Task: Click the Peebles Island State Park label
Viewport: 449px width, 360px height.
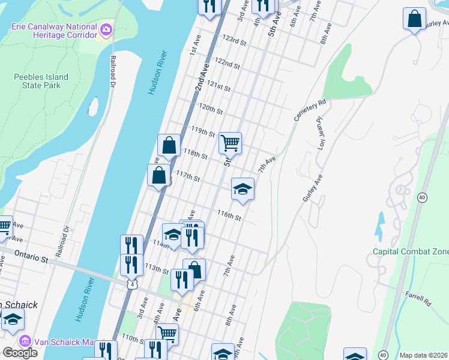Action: tap(41, 81)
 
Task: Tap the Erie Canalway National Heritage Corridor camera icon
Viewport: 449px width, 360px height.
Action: tap(106, 29)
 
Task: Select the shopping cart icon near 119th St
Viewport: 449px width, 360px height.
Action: tap(230, 143)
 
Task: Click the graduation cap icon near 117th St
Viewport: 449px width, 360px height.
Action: tap(243, 190)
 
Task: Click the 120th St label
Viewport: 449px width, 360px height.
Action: tap(211, 109)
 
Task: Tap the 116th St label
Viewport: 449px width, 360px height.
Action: tap(229, 215)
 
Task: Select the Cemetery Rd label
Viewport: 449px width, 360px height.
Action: tap(309, 110)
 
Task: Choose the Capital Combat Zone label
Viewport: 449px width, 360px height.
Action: tap(410, 252)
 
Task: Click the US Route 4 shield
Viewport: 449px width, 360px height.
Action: tap(131, 284)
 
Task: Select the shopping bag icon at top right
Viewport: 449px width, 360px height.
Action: tap(414, 19)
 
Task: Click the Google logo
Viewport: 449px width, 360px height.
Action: tap(20, 353)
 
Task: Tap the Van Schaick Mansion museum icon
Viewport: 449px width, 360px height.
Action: tap(25, 341)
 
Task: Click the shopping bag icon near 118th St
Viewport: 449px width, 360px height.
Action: tap(169, 145)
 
